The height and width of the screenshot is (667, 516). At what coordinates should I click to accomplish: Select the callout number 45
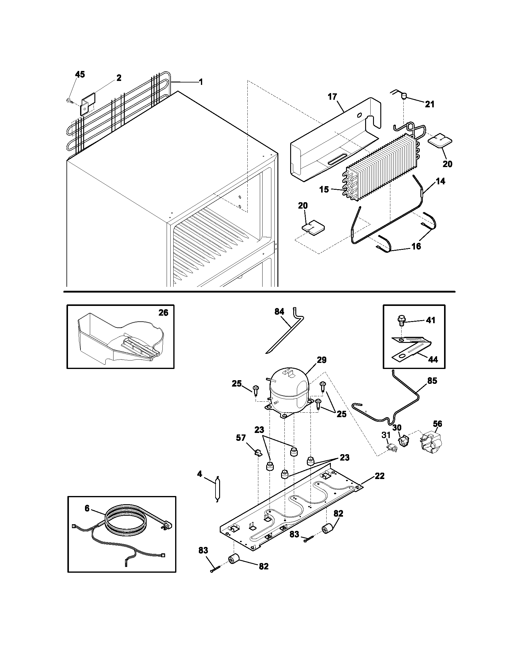click(80, 75)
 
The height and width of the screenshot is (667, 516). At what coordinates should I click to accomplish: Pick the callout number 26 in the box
click(163, 313)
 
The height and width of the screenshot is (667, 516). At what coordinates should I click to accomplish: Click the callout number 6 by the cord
click(87, 508)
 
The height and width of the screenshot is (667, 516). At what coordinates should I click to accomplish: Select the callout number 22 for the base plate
click(379, 476)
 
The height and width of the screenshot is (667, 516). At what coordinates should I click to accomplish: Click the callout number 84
click(279, 311)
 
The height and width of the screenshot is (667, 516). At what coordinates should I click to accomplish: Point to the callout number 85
click(432, 381)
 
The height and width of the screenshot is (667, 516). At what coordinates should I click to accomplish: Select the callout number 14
click(440, 181)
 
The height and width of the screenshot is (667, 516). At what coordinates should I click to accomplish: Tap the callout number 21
click(429, 104)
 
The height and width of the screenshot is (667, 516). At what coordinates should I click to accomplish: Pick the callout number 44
click(433, 360)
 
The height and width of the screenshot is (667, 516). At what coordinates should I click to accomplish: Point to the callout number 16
click(416, 246)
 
